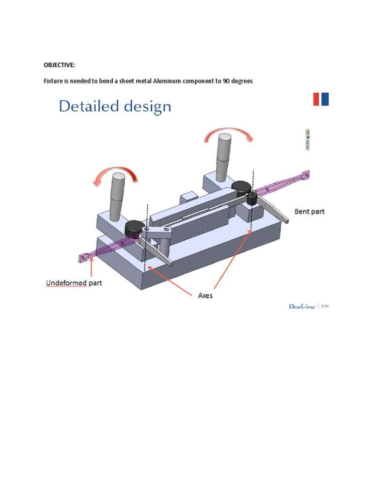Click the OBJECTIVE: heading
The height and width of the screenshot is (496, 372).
point(60,65)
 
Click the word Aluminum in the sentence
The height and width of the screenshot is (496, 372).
point(167,81)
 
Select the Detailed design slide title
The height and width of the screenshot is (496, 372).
point(115,106)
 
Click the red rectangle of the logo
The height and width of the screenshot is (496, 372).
point(316,99)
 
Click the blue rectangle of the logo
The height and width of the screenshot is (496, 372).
point(325,99)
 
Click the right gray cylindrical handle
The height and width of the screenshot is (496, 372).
point(224,155)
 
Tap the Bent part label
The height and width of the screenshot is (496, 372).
point(310,212)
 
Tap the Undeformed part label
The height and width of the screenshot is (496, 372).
point(74,283)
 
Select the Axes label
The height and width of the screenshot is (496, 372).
point(205,295)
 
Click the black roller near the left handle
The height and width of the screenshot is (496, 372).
point(134,227)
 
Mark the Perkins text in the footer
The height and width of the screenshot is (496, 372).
point(302,307)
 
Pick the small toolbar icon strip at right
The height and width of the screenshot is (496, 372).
point(307,139)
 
